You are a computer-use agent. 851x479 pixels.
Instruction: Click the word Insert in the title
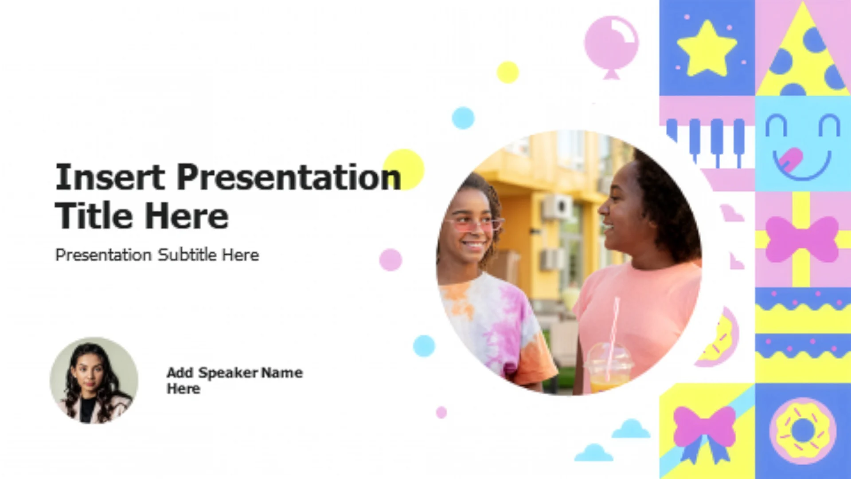[110, 177]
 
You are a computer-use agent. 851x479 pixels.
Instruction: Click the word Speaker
[228, 373]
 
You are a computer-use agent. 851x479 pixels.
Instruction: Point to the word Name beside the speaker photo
[282, 373]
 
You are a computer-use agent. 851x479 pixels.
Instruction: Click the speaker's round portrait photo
[94, 381]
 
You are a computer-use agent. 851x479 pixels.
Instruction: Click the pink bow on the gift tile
[802, 239]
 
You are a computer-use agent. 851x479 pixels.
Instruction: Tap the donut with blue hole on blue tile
[803, 431]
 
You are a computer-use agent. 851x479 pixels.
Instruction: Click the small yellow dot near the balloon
[508, 72]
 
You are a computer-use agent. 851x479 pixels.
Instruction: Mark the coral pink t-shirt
[638, 319]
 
